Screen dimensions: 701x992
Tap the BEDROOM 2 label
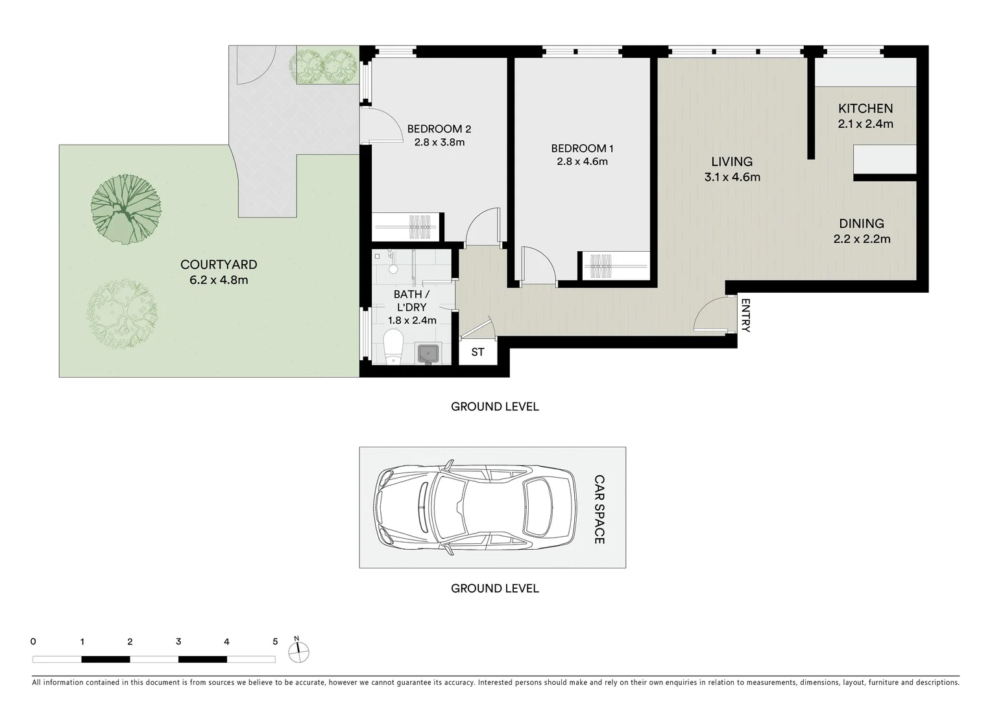(x=439, y=129)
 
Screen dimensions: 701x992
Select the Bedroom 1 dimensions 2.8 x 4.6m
(x=582, y=162)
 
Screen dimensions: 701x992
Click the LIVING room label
(x=732, y=162)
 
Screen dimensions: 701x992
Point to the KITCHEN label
(x=865, y=108)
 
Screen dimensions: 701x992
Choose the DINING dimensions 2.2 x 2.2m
(x=862, y=239)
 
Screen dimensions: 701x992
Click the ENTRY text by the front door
(x=745, y=315)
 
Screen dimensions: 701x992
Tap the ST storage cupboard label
(x=478, y=352)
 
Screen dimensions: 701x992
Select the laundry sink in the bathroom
(x=428, y=354)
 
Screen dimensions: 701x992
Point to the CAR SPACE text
(x=599, y=509)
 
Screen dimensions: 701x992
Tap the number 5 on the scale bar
(x=275, y=642)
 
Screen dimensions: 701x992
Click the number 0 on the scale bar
(x=33, y=642)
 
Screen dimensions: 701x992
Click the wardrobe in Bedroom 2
(x=407, y=227)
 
